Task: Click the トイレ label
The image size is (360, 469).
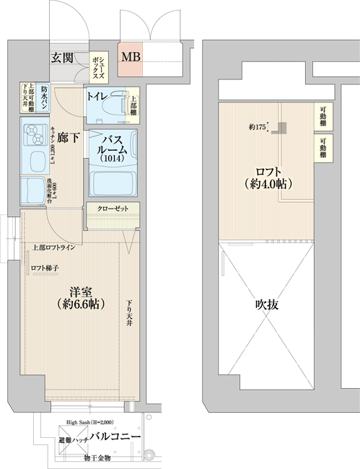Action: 99,97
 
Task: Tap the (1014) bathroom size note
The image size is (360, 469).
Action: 112,159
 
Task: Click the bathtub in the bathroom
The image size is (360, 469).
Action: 112,182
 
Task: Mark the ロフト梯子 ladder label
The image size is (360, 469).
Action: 45,269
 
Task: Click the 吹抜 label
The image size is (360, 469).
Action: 266,304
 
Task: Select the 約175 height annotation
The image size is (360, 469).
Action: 258,128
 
